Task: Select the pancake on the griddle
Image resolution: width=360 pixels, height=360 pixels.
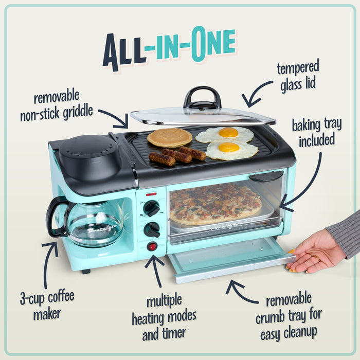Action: tap(169, 137)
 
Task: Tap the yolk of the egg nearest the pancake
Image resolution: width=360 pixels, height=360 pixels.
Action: tap(228, 133)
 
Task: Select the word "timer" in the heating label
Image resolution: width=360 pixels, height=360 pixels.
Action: tap(173, 335)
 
